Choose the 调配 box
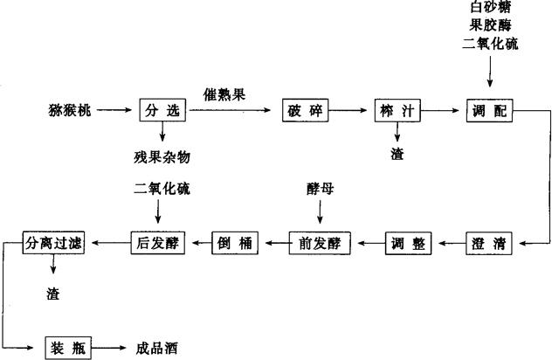pos(489,112)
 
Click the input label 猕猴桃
pos(70,112)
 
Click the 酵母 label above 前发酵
pos(321,187)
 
